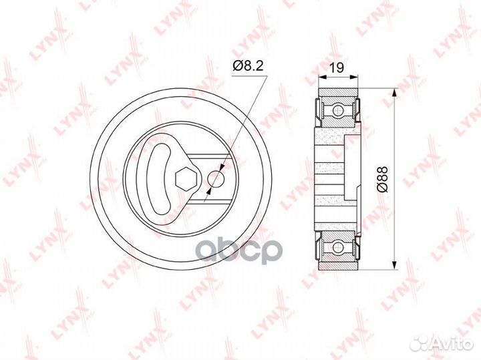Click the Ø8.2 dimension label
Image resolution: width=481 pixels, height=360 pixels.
coord(248,65)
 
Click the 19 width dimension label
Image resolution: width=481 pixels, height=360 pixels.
coord(337,67)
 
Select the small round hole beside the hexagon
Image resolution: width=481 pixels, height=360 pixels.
coord(214,179)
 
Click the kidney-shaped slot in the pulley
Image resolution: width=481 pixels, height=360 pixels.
coord(161,179)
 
